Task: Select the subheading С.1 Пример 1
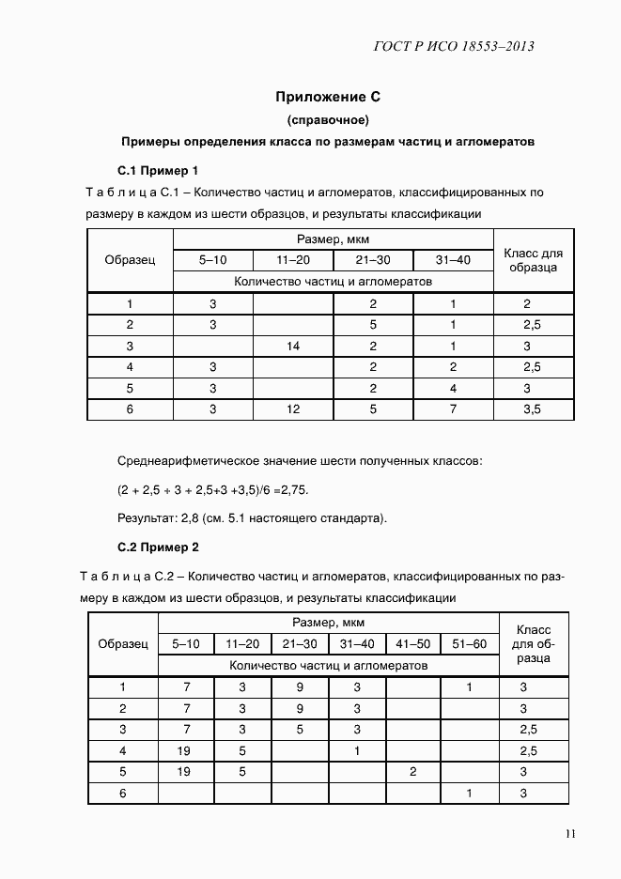(x=157, y=171)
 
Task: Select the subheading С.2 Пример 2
(x=157, y=547)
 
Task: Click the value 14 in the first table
(x=293, y=347)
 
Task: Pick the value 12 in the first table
(x=293, y=409)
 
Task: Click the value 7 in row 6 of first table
(x=453, y=409)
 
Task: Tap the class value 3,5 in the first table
(x=532, y=409)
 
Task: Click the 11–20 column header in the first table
(x=293, y=260)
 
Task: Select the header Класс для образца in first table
(x=533, y=260)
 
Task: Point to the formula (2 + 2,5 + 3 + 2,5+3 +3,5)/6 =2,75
(x=213, y=490)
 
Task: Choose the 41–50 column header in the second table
(x=413, y=643)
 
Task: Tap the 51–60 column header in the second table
(x=469, y=643)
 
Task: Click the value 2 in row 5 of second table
(x=413, y=772)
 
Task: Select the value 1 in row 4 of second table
(x=357, y=750)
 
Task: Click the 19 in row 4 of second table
(x=186, y=750)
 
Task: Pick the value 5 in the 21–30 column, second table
(x=300, y=729)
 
